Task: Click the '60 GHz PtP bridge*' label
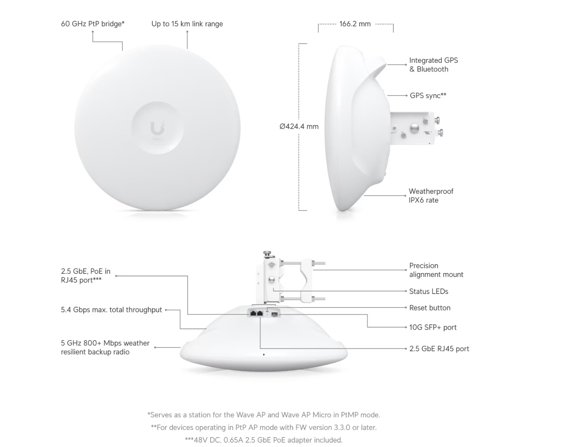(x=93, y=24)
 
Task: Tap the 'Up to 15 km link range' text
(x=187, y=24)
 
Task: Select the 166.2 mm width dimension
(x=355, y=24)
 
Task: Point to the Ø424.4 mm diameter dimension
(x=299, y=127)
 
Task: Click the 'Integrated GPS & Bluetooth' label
(x=433, y=65)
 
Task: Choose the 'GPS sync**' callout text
(x=428, y=95)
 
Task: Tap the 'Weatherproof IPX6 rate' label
(x=431, y=196)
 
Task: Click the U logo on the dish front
(x=157, y=128)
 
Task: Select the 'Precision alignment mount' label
(x=436, y=270)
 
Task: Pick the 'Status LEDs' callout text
(x=429, y=291)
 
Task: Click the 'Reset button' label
(x=430, y=308)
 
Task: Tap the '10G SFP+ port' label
(x=433, y=327)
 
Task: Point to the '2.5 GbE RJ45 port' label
(x=439, y=349)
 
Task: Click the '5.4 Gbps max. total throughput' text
(x=112, y=310)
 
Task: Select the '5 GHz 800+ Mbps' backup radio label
(x=105, y=348)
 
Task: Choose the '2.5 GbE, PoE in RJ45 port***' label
(x=86, y=276)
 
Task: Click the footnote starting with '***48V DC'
(x=264, y=440)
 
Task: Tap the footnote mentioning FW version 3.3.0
(x=264, y=427)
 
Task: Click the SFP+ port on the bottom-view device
(x=274, y=314)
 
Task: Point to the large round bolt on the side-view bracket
(x=414, y=128)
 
